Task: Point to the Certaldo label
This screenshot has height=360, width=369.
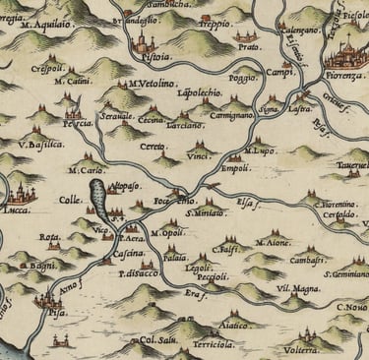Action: pos(342,212)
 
